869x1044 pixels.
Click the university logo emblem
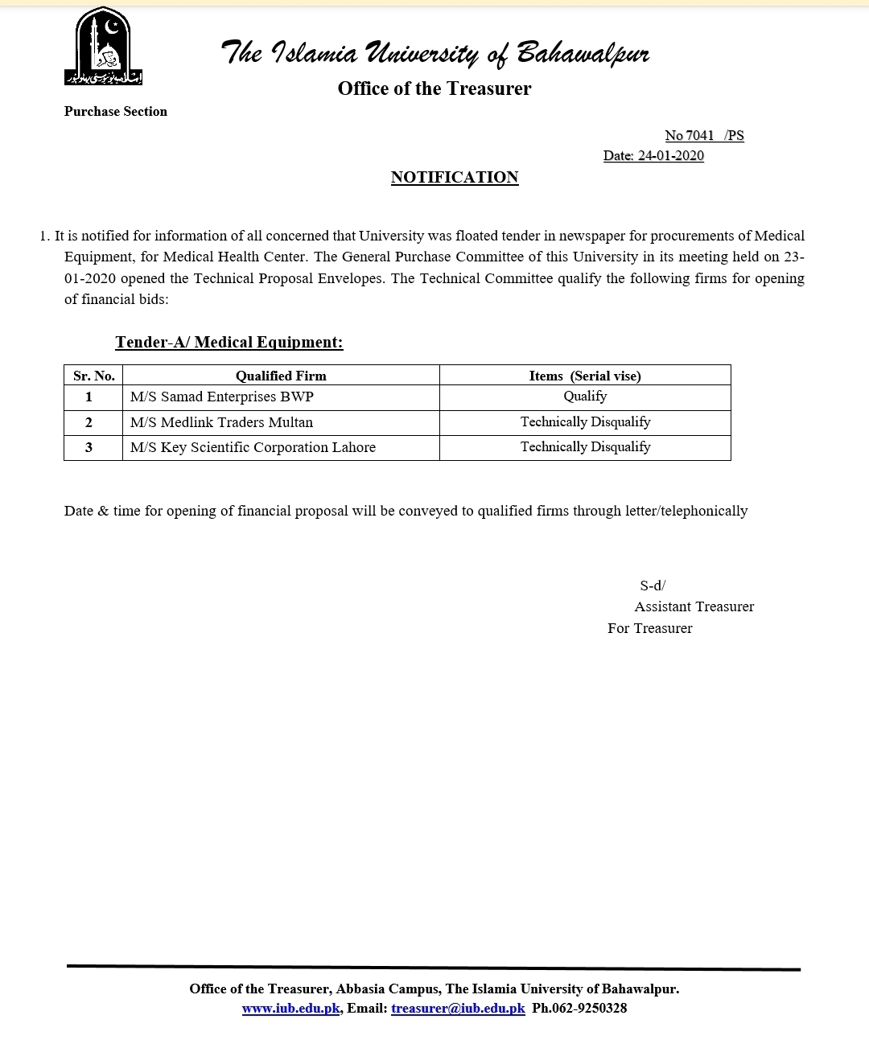(103, 47)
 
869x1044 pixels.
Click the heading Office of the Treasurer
(434, 88)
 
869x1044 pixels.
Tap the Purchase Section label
(116, 112)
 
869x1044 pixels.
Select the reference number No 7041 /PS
(704, 136)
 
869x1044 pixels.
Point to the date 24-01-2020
(670, 156)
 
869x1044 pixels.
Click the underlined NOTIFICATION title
(455, 178)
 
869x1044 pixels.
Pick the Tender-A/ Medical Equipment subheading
(229, 343)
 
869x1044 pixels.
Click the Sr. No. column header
(94, 376)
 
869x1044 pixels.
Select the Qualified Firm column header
(281, 376)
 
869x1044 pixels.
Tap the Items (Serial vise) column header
(585, 376)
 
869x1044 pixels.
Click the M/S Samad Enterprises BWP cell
(222, 397)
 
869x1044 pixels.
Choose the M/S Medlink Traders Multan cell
(221, 423)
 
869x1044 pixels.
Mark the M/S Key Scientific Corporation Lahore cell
(253, 448)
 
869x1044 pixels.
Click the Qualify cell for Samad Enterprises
(585, 397)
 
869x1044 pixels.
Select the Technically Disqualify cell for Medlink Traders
(585, 422)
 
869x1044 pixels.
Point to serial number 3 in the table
(89, 448)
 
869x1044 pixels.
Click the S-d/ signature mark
(653, 586)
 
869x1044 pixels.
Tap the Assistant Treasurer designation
(694, 607)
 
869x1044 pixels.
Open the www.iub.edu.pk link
(290, 1009)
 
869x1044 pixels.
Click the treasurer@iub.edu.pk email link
(458, 1009)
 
